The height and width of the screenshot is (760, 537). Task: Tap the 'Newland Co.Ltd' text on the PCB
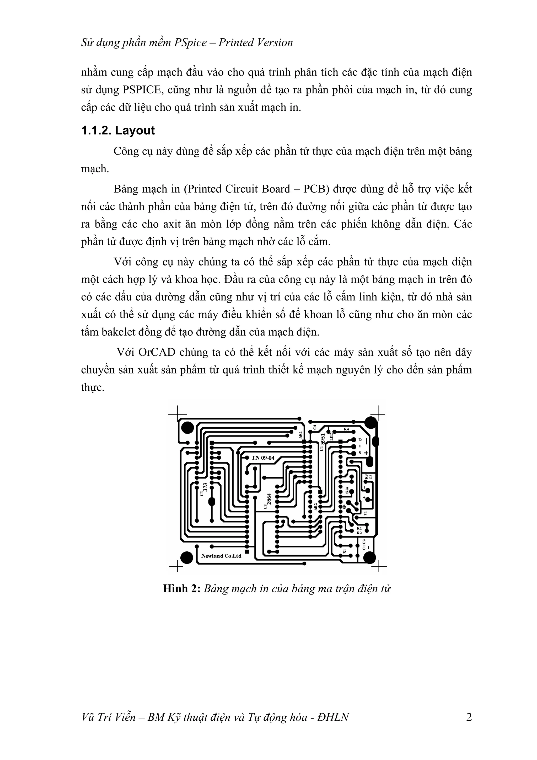[x=221, y=556]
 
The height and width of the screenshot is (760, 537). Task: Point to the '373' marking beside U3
[x=205, y=487]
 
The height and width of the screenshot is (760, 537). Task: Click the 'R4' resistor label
[x=346, y=429]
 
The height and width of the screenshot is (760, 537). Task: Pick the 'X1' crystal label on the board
[x=345, y=551]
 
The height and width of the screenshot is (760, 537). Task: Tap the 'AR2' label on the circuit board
[x=316, y=506]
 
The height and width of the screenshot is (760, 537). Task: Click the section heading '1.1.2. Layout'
[x=118, y=130]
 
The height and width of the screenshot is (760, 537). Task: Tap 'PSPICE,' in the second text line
[x=143, y=90]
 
